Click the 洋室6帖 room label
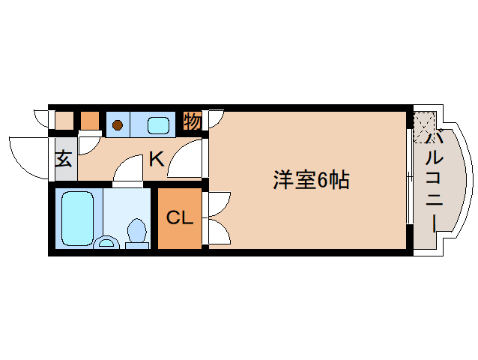pyautogui.click(x=311, y=180)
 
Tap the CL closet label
pyautogui.click(x=180, y=218)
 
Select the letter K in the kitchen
pyautogui.click(x=156, y=159)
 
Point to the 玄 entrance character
pyautogui.click(x=64, y=159)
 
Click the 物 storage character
pyautogui.click(x=193, y=121)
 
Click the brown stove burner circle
pyautogui.click(x=118, y=124)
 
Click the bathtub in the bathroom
pyautogui.click(x=76, y=217)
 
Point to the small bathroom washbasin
pyautogui.click(x=107, y=241)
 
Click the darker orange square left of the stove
pyautogui.click(x=90, y=120)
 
